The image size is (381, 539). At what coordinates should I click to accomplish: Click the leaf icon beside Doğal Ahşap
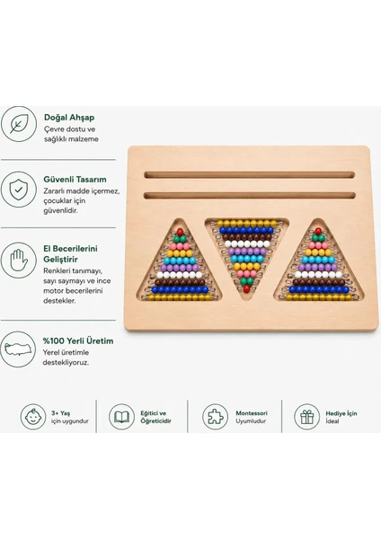click(x=18, y=124)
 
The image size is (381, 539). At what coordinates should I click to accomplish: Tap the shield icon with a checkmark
click(x=18, y=190)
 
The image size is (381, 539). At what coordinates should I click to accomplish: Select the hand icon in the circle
click(x=18, y=261)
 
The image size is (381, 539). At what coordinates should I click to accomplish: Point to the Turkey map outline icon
click(x=18, y=349)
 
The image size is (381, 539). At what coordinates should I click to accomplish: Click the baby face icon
click(x=33, y=417)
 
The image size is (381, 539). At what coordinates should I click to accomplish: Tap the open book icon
click(x=121, y=417)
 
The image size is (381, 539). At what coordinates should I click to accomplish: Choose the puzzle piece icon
click(x=216, y=417)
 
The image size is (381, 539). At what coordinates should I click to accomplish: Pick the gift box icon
click(x=306, y=417)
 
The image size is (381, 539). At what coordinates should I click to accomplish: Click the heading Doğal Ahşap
click(x=69, y=118)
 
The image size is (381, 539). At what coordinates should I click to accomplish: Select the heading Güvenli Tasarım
click(x=75, y=180)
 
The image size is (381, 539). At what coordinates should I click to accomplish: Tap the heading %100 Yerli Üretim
click(x=78, y=341)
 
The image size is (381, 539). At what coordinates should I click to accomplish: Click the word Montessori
click(x=252, y=413)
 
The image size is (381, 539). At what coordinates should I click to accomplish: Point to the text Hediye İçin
click(x=341, y=413)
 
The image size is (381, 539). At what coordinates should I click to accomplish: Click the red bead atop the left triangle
click(x=180, y=232)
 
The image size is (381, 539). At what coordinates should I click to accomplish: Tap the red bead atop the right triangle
click(x=318, y=231)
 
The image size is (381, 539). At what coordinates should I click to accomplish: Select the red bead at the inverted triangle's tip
click(x=246, y=288)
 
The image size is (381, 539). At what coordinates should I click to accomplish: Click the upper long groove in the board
click(x=249, y=175)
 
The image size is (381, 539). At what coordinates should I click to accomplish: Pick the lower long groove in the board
click(x=249, y=196)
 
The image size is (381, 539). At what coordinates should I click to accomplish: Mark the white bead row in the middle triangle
click(x=247, y=244)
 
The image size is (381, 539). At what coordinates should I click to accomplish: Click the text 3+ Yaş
click(x=60, y=413)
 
